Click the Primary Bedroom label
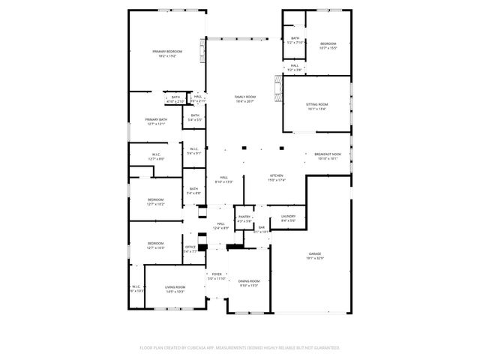coord(167,51)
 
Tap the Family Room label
coord(244,97)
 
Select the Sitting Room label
coord(316,104)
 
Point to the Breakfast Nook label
coord(328,154)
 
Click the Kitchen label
coord(277,176)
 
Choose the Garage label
coord(315,254)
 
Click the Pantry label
coord(244,217)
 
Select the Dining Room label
coord(248,280)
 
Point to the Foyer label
coord(216,274)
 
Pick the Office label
coord(190,247)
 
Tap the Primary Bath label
coord(156,119)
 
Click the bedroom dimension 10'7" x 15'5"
coord(328,48)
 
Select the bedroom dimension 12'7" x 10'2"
coord(155,204)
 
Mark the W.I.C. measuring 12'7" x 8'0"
coord(155,159)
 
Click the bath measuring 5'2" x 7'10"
coord(295,43)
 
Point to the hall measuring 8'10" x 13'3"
coord(224,181)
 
